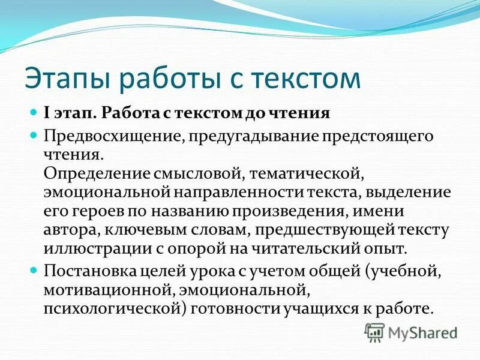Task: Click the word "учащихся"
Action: click(x=337, y=310)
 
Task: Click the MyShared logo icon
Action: click(x=374, y=332)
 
